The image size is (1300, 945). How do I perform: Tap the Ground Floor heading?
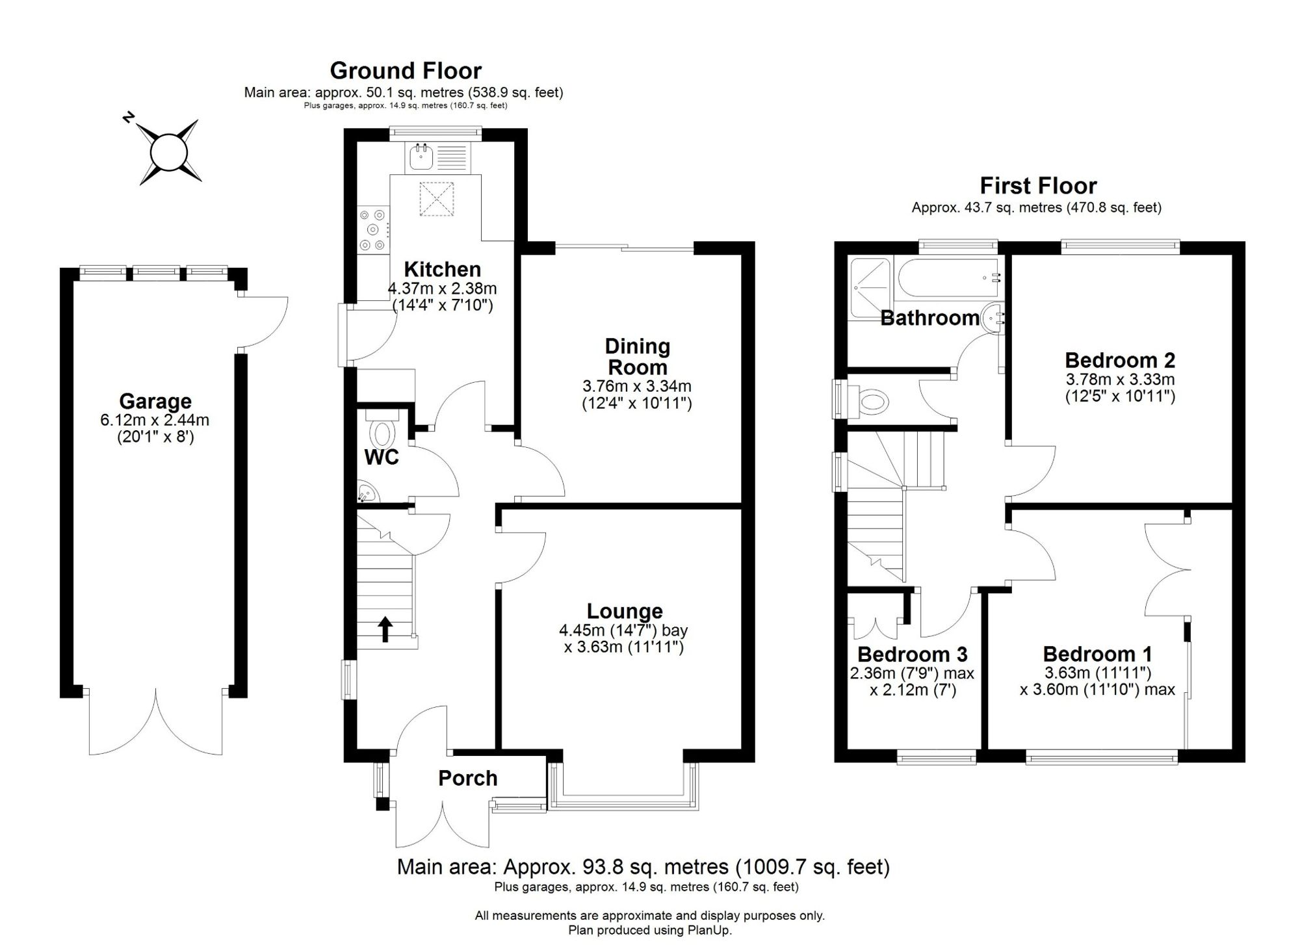406,70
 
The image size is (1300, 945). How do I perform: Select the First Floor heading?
1038,186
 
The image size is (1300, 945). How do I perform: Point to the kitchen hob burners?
373,229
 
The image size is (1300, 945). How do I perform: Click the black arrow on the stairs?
385,629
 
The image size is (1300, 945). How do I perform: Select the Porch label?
467,778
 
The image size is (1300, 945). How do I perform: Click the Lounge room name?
625,611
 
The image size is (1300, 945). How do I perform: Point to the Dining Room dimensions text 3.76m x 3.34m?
637,386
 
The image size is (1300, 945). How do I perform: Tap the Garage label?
155,401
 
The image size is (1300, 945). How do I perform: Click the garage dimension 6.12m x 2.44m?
155,420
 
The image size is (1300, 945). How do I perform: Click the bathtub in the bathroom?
948,279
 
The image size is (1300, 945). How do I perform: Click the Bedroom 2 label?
1120,360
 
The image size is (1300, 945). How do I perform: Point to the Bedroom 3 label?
913,654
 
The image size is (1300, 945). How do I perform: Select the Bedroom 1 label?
1098,654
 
